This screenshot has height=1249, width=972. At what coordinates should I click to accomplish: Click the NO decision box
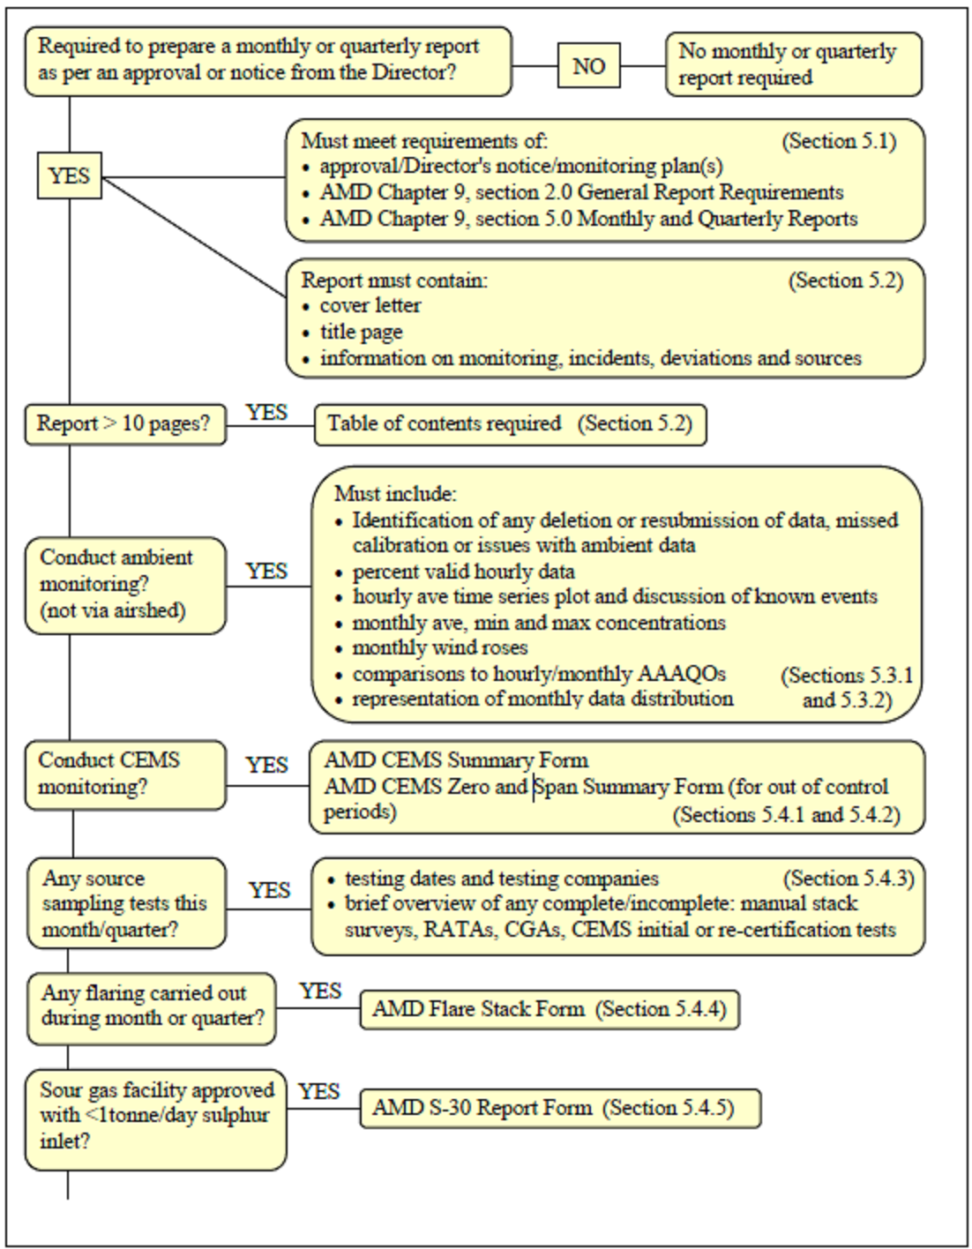[588, 66]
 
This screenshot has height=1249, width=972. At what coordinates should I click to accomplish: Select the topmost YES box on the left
[70, 176]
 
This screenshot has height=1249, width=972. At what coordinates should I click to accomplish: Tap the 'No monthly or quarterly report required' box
[793, 64]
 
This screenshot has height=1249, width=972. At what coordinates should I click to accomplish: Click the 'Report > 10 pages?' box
[124, 424]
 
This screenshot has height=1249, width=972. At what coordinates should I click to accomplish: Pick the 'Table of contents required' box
[510, 424]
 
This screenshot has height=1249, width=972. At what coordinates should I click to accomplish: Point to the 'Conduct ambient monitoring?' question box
[124, 585]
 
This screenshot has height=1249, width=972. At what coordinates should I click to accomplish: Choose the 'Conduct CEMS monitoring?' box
[124, 774]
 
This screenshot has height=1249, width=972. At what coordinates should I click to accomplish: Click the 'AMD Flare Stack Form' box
[549, 1009]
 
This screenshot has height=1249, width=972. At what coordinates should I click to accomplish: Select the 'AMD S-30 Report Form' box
[559, 1108]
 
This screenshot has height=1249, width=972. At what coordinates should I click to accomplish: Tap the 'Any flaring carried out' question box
[151, 1006]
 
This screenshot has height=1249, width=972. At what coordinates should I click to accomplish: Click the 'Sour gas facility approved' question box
[155, 1116]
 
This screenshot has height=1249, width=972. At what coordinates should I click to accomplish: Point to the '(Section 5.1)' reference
[839, 141]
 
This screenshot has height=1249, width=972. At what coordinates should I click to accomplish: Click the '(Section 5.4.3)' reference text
[848, 879]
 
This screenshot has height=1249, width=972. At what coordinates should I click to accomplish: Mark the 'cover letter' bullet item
[370, 306]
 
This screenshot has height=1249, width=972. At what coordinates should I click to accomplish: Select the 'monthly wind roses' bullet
[439, 648]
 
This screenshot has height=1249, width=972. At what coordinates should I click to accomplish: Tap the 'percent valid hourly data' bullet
[463, 572]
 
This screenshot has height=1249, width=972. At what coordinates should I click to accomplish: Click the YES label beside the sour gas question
[318, 1092]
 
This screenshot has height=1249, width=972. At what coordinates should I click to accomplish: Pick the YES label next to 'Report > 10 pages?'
[266, 412]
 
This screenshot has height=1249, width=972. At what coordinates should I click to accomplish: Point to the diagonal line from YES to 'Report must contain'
[194, 236]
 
